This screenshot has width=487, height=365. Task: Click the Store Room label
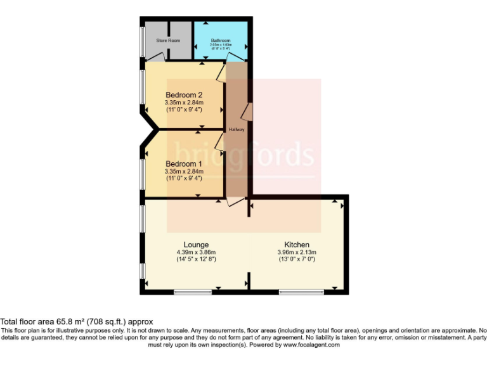(168, 41)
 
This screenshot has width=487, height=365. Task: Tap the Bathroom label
(221, 41)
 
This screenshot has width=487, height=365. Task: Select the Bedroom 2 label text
(184, 95)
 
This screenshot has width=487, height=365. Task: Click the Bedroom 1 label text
(184, 164)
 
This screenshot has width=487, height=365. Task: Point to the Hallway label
(237, 130)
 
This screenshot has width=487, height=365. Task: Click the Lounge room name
(196, 245)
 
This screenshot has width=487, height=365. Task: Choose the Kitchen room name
(297, 245)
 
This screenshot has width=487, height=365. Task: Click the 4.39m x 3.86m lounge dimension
(196, 252)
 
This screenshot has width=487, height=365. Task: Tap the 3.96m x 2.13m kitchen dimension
(297, 252)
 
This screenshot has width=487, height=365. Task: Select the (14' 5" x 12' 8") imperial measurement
(196, 259)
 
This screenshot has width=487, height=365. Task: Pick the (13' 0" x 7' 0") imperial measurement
(297, 259)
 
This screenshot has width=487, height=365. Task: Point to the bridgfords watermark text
(244, 155)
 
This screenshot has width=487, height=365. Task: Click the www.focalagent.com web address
(311, 345)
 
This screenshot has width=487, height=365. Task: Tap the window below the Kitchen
(301, 292)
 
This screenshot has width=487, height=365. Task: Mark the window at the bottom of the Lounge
(193, 292)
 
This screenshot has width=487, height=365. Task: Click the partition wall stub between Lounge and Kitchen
(249, 282)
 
